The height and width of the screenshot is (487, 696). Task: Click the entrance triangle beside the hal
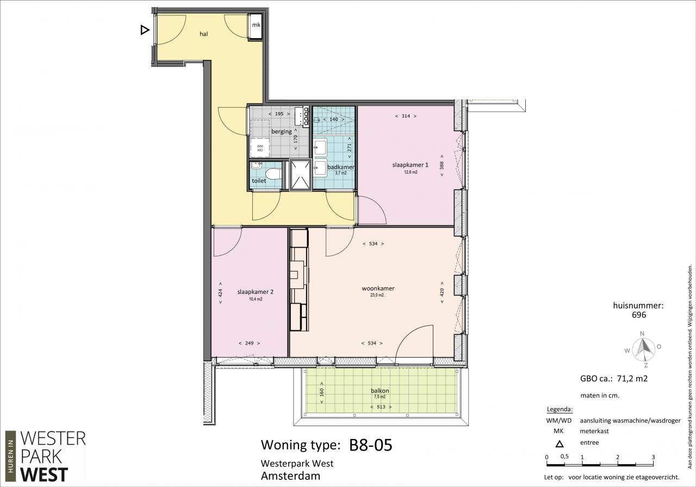pyautogui.click(x=145, y=30)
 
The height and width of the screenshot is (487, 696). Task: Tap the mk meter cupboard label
pyautogui.click(x=256, y=25)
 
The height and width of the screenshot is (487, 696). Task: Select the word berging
pyautogui.click(x=282, y=132)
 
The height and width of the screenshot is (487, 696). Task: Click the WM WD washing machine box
pyautogui.click(x=260, y=147)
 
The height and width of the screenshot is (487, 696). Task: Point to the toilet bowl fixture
pyautogui.click(x=274, y=174)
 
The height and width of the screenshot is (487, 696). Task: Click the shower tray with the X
pyautogui.click(x=300, y=175)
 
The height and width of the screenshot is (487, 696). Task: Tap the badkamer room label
pyautogui.click(x=341, y=167)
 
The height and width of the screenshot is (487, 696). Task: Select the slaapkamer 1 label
pyautogui.click(x=410, y=165)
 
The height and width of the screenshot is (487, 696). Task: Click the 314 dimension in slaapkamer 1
pyautogui.click(x=406, y=116)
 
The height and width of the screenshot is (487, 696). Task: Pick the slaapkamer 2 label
pyautogui.click(x=256, y=292)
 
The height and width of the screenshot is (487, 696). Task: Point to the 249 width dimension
pyautogui.click(x=249, y=343)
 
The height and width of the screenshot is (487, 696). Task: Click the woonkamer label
pyautogui.click(x=378, y=288)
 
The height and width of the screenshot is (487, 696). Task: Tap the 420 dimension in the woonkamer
pyautogui.click(x=442, y=292)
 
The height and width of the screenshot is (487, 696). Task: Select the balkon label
pyautogui.click(x=380, y=391)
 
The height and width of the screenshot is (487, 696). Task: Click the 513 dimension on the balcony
pyautogui.click(x=381, y=407)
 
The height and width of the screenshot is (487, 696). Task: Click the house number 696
pyautogui.click(x=639, y=315)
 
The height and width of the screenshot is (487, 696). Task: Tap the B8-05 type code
pyautogui.click(x=371, y=445)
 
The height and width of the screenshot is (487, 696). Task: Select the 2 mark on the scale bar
pyautogui.click(x=618, y=457)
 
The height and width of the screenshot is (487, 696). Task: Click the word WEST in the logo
pyautogui.click(x=44, y=474)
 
